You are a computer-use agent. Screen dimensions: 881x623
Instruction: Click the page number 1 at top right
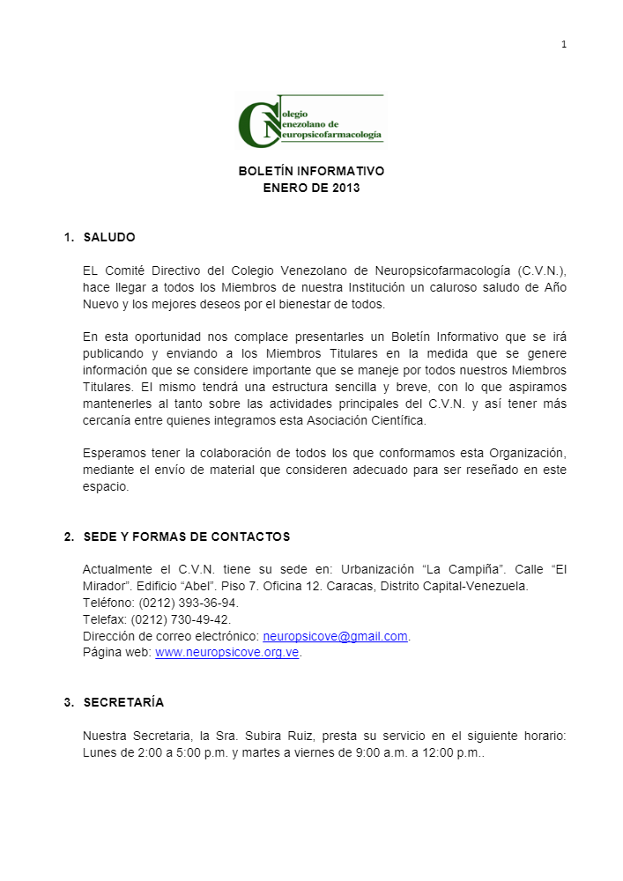[x=564, y=45]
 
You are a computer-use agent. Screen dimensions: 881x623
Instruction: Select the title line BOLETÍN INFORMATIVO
[x=311, y=171]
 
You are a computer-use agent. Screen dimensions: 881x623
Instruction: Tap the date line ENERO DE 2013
[x=311, y=188]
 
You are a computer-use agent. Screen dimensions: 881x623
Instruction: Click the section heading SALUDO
[x=109, y=238]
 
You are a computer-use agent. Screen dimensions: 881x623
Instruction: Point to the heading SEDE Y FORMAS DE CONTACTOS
[x=186, y=537]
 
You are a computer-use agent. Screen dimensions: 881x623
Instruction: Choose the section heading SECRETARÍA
[x=123, y=702]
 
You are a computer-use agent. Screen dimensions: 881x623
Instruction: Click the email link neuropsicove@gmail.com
[x=335, y=636]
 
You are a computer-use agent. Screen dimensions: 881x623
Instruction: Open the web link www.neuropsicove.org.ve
[x=227, y=653]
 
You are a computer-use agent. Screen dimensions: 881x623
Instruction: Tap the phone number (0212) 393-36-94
[x=189, y=603]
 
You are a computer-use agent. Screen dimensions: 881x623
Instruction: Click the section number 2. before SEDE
[x=69, y=537]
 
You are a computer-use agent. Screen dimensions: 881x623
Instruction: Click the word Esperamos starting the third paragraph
[x=114, y=453]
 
